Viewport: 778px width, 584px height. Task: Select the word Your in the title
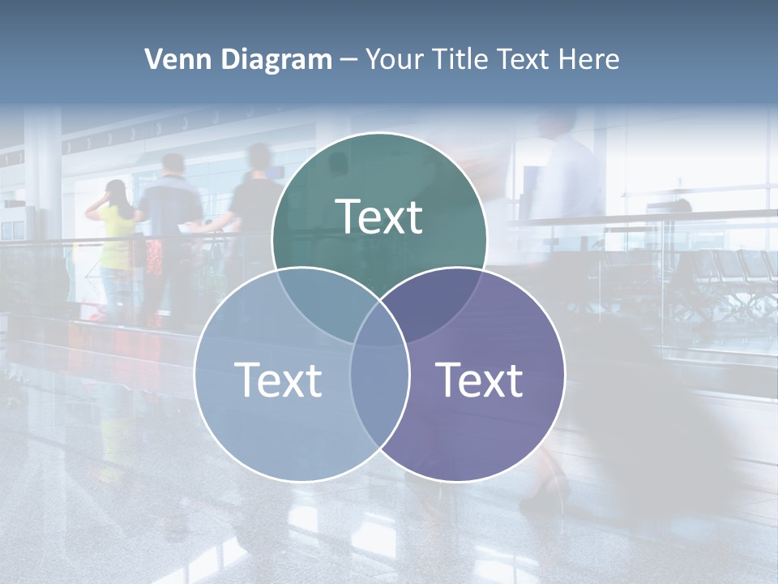point(393,59)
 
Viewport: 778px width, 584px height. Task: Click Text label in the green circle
point(379,217)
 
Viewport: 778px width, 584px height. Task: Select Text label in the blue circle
point(278,380)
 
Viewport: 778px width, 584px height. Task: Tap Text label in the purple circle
point(480,380)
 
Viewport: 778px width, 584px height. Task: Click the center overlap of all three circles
point(379,312)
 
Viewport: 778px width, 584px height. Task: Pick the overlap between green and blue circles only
point(316,296)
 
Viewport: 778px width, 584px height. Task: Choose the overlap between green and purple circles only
point(442,296)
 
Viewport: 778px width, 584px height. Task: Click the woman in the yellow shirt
point(116,235)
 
